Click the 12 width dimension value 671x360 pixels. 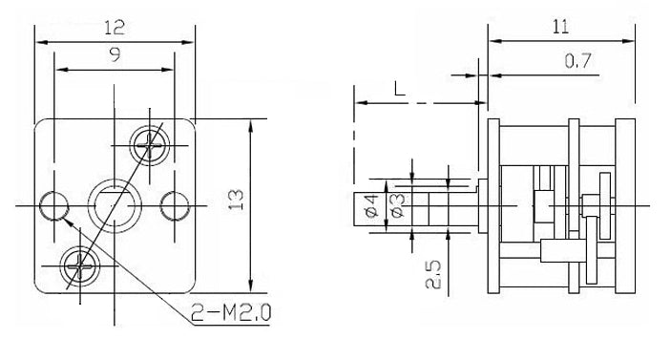tap(115, 28)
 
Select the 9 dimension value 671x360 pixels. tap(115, 54)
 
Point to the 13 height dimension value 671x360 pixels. tap(235, 200)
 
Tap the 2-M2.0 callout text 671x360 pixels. tap(231, 312)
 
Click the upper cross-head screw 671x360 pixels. tap(149, 145)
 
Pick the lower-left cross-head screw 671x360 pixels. tap(81, 266)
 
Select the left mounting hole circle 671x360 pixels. tap(53, 206)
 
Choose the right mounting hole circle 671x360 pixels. tap(175, 206)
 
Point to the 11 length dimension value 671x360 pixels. tap(560, 27)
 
